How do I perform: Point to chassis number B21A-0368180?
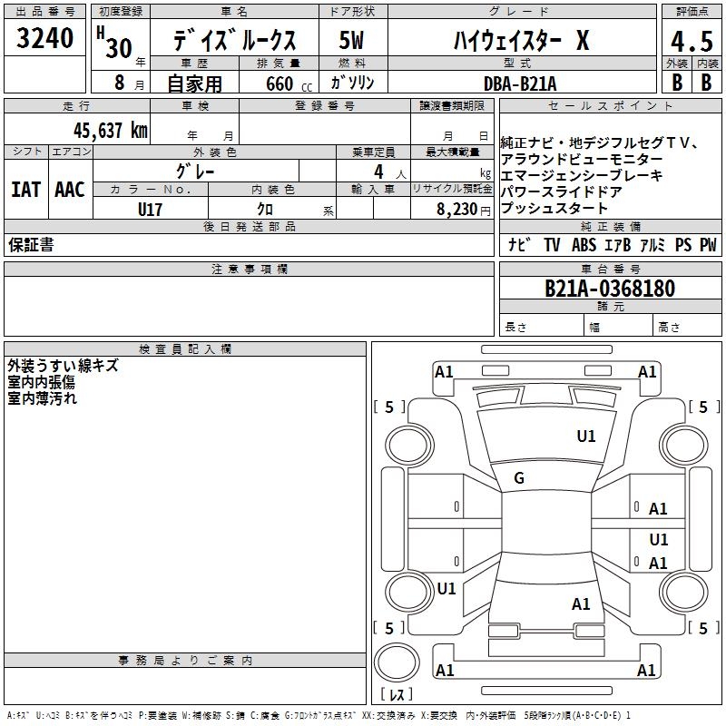pyautogui.click(x=610, y=289)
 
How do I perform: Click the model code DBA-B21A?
pyautogui.click(x=520, y=83)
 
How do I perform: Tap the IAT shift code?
pyautogui.click(x=25, y=190)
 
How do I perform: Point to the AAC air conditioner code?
pyautogui.click(x=70, y=190)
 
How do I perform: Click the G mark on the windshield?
pyautogui.click(x=519, y=478)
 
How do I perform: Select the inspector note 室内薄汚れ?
pyautogui.click(x=43, y=397)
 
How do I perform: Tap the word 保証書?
pyautogui.click(x=31, y=245)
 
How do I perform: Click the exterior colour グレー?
pyautogui.click(x=196, y=171)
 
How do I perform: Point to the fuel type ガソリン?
pyautogui.click(x=353, y=83)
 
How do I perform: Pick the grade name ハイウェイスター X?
pyautogui.click(x=521, y=40)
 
